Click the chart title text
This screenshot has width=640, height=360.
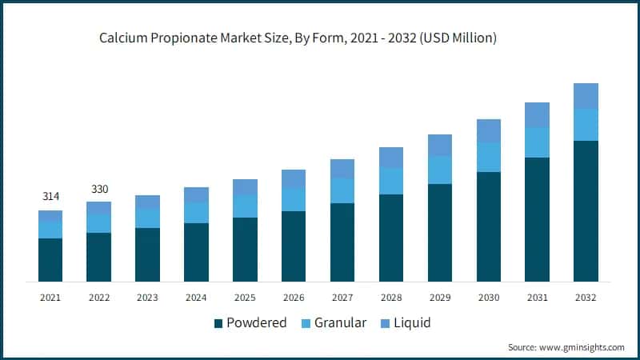click(x=298, y=38)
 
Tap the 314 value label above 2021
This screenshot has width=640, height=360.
click(x=50, y=197)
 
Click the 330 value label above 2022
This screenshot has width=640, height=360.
click(x=99, y=189)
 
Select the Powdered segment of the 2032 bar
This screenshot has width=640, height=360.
click(x=586, y=211)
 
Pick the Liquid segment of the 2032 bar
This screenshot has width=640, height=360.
click(x=586, y=96)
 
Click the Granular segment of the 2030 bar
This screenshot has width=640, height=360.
click(x=489, y=158)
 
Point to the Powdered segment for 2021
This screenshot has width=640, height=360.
click(x=50, y=260)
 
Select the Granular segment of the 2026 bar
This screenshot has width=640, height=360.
click(x=294, y=200)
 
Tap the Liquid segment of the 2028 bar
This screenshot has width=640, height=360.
click(x=391, y=158)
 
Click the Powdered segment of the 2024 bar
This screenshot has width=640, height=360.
click(x=196, y=252)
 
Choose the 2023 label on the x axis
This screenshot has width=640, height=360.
click(x=147, y=298)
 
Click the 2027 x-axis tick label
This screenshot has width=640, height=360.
click(x=342, y=298)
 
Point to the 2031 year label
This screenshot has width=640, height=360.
click(x=537, y=298)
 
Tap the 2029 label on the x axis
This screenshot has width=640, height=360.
click(x=440, y=298)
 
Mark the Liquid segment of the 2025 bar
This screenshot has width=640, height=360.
click(x=245, y=187)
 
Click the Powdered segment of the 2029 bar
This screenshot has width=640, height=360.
click(x=440, y=233)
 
